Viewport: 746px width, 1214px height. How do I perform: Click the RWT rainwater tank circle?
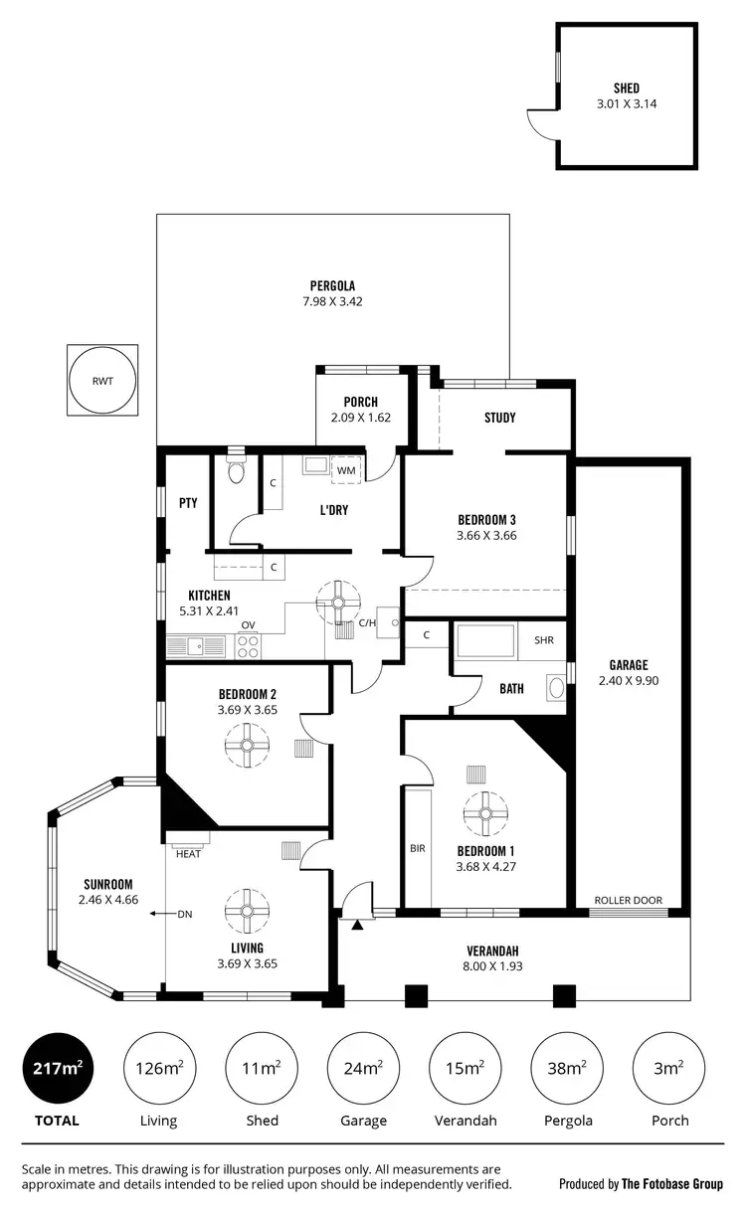click(x=101, y=380)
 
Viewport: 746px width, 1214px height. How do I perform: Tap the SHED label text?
click(x=626, y=88)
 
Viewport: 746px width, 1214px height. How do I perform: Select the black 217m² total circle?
click(x=56, y=1068)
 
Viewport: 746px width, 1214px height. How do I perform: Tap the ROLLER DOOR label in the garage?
click(x=628, y=900)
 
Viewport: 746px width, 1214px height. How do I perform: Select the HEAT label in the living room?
click(x=188, y=853)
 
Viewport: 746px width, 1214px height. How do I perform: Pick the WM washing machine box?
click(x=346, y=469)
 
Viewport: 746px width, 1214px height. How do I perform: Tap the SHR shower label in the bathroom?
click(x=543, y=639)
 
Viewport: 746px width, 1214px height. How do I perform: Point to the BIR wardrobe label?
click(x=418, y=849)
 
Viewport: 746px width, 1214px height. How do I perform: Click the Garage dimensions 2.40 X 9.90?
click(x=629, y=681)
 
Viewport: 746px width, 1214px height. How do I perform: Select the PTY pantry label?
click(x=188, y=503)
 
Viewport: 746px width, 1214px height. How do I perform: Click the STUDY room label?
click(x=499, y=418)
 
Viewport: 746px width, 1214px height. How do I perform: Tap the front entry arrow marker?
click(x=356, y=925)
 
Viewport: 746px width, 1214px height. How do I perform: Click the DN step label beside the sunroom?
click(x=184, y=914)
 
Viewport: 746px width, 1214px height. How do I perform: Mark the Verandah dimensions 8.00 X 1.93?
click(x=492, y=965)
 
